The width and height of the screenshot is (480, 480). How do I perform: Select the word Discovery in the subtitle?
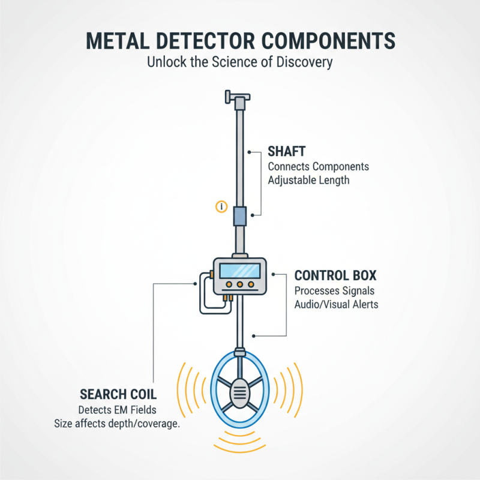(x=303, y=62)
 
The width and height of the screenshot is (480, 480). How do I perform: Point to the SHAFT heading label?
(x=287, y=152)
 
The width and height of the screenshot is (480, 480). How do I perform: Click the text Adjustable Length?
(x=308, y=179)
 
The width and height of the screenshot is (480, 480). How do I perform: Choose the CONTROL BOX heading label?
(x=335, y=276)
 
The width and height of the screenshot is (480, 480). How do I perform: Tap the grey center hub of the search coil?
(x=240, y=393)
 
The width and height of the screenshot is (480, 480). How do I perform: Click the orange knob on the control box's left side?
(x=211, y=274)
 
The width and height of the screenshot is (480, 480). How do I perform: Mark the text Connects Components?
(x=318, y=166)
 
